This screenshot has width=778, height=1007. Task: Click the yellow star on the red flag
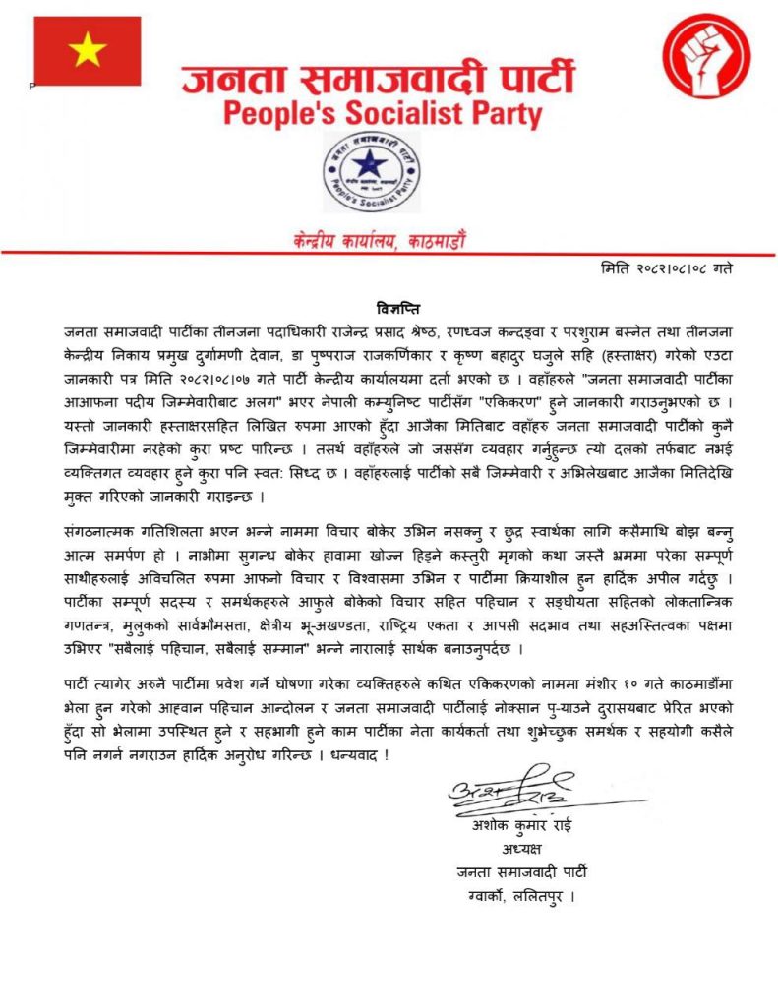(87, 49)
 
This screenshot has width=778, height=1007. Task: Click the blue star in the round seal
(371, 165)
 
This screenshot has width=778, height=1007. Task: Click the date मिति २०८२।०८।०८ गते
(666, 267)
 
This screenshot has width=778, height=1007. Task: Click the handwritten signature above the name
(510, 788)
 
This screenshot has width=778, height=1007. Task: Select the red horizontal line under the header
(389, 254)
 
